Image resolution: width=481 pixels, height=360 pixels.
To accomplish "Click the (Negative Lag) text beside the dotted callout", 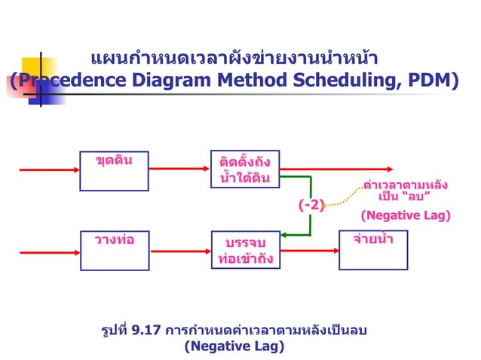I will [x=405, y=215].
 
